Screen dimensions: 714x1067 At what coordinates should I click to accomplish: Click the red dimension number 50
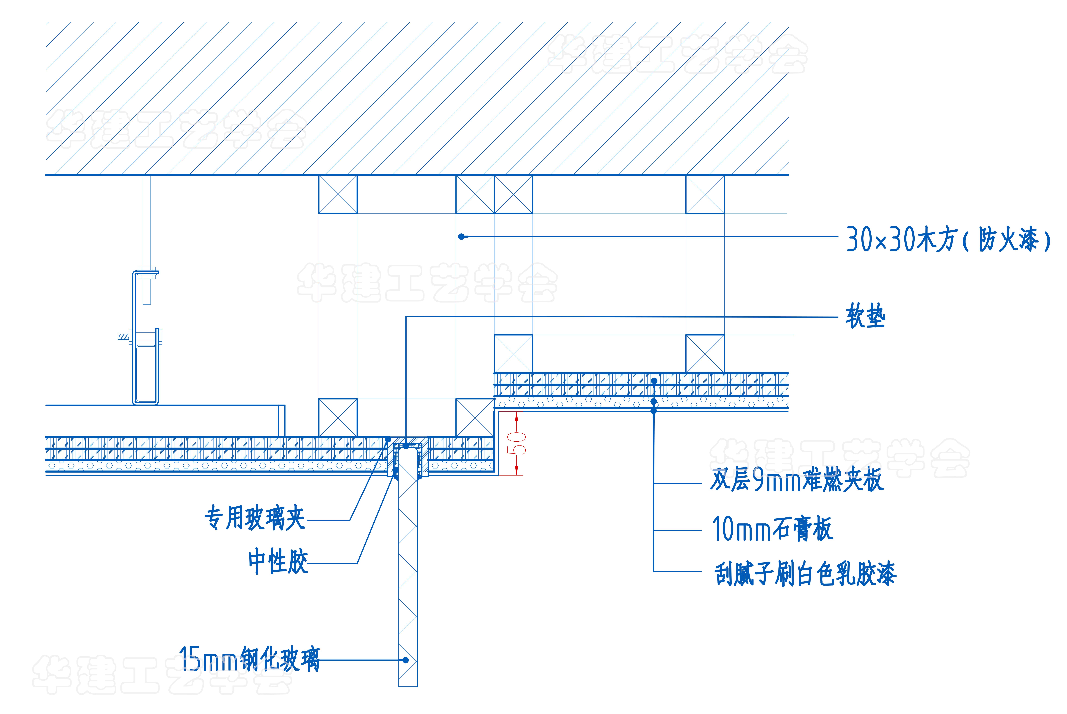coord(519,443)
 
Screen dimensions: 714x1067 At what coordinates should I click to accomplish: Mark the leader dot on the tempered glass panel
coord(405,660)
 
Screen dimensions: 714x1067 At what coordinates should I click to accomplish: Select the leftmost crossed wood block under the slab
coord(338,194)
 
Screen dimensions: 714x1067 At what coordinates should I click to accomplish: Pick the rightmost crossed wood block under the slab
coord(705,194)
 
